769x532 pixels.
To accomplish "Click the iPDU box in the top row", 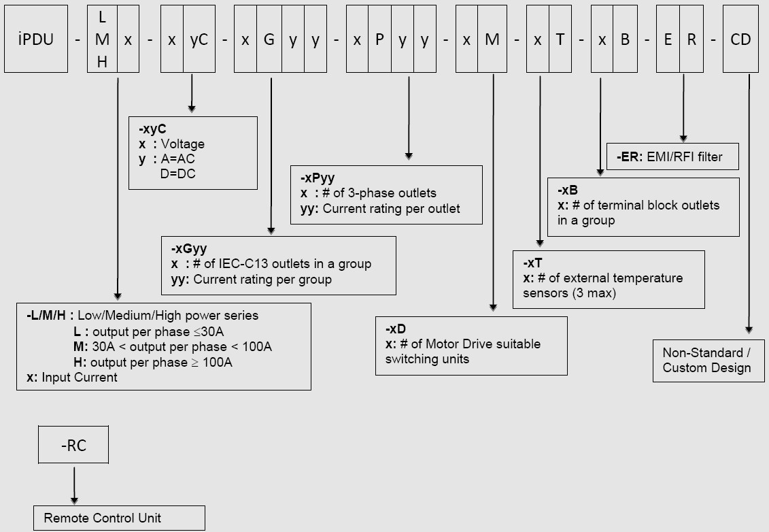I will click(x=36, y=39).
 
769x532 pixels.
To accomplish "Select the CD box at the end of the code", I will click(x=740, y=39).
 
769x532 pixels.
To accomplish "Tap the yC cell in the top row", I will click(x=199, y=39).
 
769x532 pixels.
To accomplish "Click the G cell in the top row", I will click(x=269, y=39).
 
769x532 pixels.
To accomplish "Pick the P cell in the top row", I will click(x=379, y=39).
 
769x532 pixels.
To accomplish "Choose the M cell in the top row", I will click(x=492, y=39).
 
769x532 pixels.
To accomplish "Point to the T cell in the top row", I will click(x=560, y=39).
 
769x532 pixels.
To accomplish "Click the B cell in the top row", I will click(x=625, y=39).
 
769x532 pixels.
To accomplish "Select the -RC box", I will click(x=73, y=446).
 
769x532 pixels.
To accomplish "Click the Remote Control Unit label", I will click(x=103, y=518).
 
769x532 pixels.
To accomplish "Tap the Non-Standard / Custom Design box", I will click(x=707, y=361).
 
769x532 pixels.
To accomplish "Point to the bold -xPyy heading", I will click(x=318, y=178).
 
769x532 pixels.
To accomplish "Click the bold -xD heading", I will click(x=396, y=329).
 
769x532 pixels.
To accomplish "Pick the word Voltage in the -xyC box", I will click(x=182, y=144).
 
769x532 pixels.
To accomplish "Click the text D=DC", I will click(x=177, y=173).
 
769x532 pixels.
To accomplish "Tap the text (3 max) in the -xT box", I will click(x=598, y=293).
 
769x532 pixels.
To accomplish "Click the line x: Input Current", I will click(x=72, y=378).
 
